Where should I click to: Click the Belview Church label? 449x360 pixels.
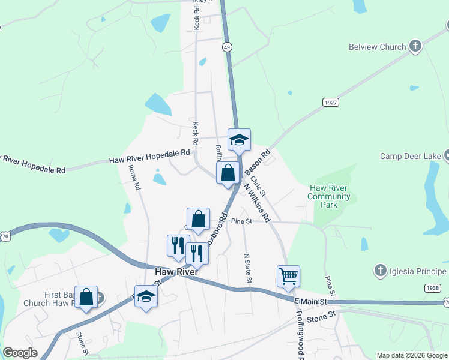click(378, 46)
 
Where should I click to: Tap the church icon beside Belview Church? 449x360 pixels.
click(415, 46)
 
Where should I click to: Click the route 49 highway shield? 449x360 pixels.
click(226, 46)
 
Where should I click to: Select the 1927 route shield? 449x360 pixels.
click(330, 103)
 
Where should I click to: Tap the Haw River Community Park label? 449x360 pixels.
click(328, 196)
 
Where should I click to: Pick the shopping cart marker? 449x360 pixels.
click(288, 277)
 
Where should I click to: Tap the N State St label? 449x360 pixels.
click(247, 268)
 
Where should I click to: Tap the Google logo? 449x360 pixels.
click(19, 353)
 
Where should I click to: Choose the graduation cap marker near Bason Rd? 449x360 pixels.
click(239, 140)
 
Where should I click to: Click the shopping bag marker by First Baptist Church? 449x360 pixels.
click(86, 296)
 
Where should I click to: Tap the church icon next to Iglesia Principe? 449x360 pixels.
click(379, 271)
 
